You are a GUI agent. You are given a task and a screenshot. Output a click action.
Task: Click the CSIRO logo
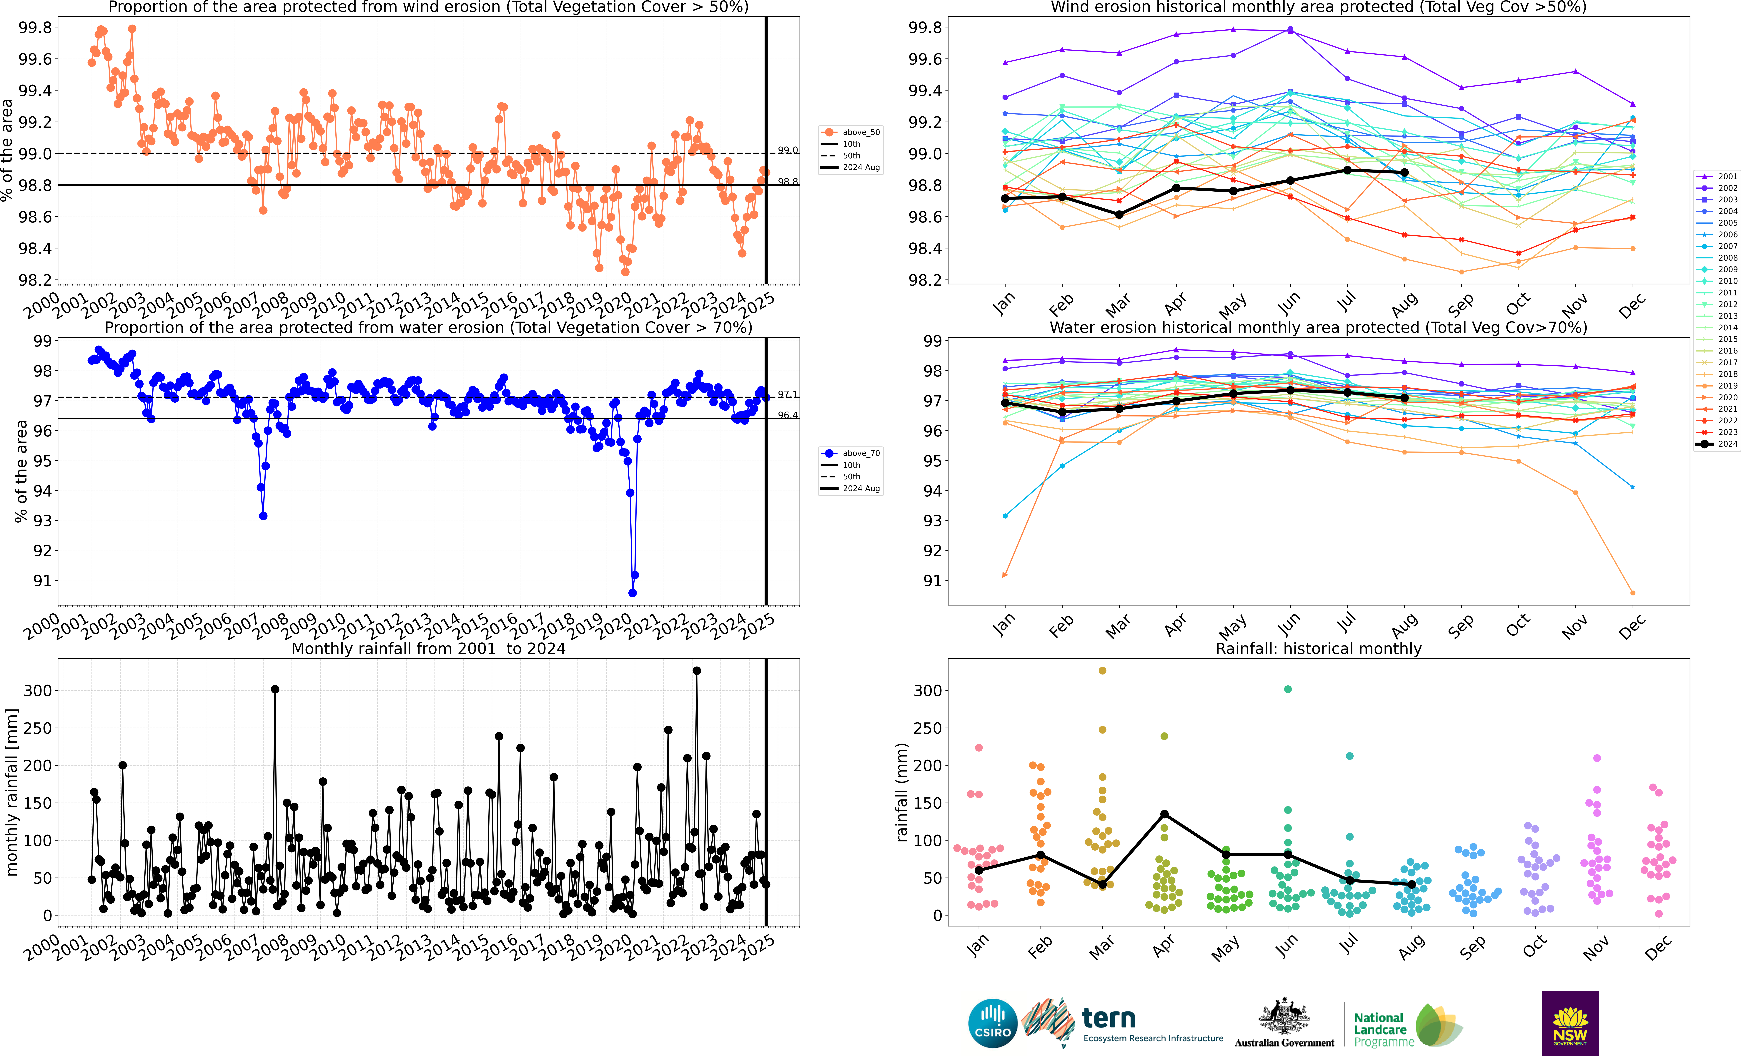[993, 1023]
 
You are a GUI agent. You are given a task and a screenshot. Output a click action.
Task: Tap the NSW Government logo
[1570, 1023]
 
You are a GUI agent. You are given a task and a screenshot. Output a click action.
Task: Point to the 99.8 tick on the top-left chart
[35, 28]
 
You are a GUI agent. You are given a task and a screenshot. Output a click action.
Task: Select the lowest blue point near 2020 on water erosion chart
[632, 593]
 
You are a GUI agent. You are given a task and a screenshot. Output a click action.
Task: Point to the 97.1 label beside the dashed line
[788, 394]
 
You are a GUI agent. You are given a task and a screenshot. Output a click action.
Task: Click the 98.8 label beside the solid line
[788, 182]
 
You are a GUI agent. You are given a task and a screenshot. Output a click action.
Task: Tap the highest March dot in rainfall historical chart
[1102, 670]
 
